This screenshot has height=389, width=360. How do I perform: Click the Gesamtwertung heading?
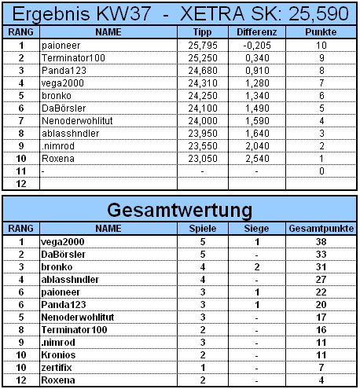tap(180, 210)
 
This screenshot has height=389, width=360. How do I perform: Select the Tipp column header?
tap(203, 32)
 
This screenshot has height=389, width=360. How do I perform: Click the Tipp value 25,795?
tap(203, 46)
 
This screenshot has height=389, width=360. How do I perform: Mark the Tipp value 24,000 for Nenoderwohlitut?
tap(203, 123)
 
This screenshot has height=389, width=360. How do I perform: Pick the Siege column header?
tap(256, 228)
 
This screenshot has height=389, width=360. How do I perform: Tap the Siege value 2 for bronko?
tap(256, 266)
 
